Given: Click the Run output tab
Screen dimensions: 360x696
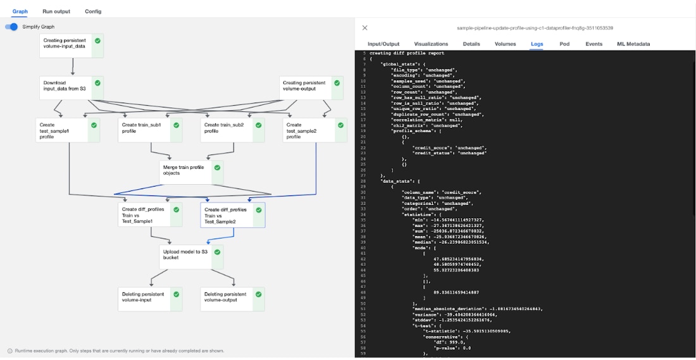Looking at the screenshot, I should [56, 11].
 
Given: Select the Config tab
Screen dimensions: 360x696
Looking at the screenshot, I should [93, 11].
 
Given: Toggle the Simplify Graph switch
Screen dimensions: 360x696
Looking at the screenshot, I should [12, 27].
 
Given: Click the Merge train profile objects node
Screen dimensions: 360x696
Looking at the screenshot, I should [185, 171].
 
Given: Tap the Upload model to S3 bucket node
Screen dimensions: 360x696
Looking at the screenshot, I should [185, 255].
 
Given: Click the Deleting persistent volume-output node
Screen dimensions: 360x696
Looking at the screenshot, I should [226, 297].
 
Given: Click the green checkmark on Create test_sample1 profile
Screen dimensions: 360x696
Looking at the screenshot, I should [94, 125].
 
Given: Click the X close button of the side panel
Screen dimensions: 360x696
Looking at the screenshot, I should [364, 28].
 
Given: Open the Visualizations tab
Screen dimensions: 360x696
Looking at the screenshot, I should [431, 44].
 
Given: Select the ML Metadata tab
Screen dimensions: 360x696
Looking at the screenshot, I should [633, 44].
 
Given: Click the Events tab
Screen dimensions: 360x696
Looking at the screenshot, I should [593, 44].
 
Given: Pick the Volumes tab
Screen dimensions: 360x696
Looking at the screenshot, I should [505, 44].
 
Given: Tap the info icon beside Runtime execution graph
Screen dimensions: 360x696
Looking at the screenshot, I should [10, 351].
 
